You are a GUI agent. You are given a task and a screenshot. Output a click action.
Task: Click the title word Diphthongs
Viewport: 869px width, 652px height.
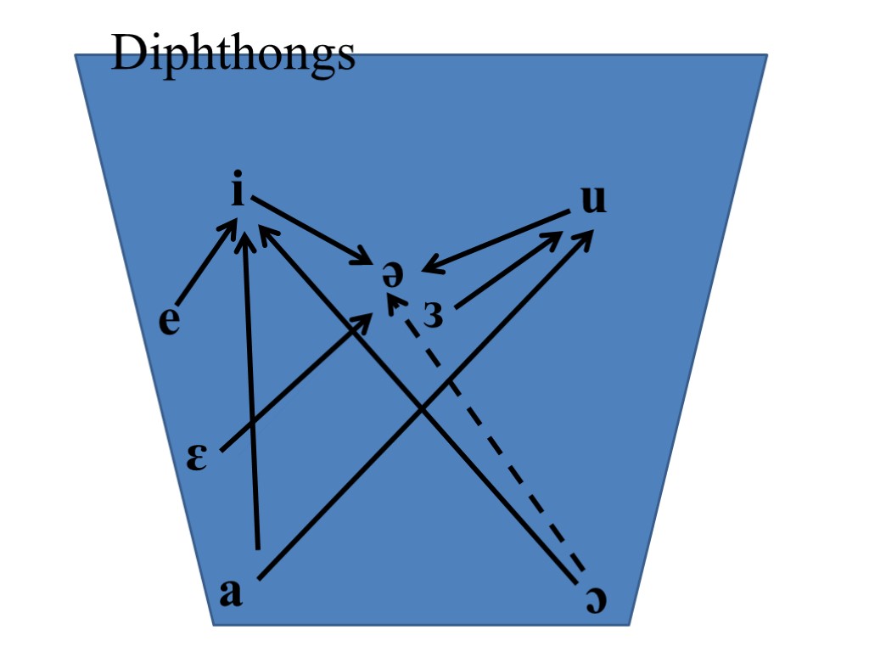click(x=233, y=53)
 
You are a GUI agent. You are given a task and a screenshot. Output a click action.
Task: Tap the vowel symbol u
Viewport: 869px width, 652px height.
click(x=593, y=200)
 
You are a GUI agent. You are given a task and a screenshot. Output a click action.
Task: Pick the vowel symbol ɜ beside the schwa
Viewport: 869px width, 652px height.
click(x=433, y=315)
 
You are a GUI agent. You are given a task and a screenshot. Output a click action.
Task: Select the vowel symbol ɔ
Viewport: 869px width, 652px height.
click(x=596, y=599)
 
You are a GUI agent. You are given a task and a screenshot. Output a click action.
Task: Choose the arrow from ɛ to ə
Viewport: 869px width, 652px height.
click(x=297, y=382)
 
